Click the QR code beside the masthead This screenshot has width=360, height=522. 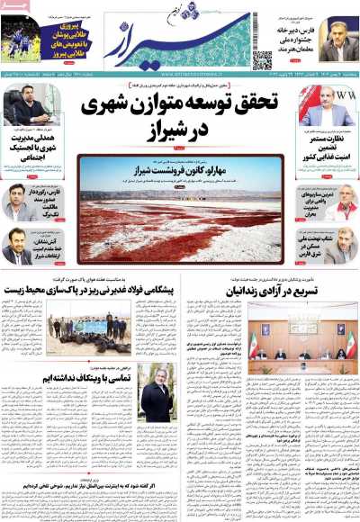pos(262,60)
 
